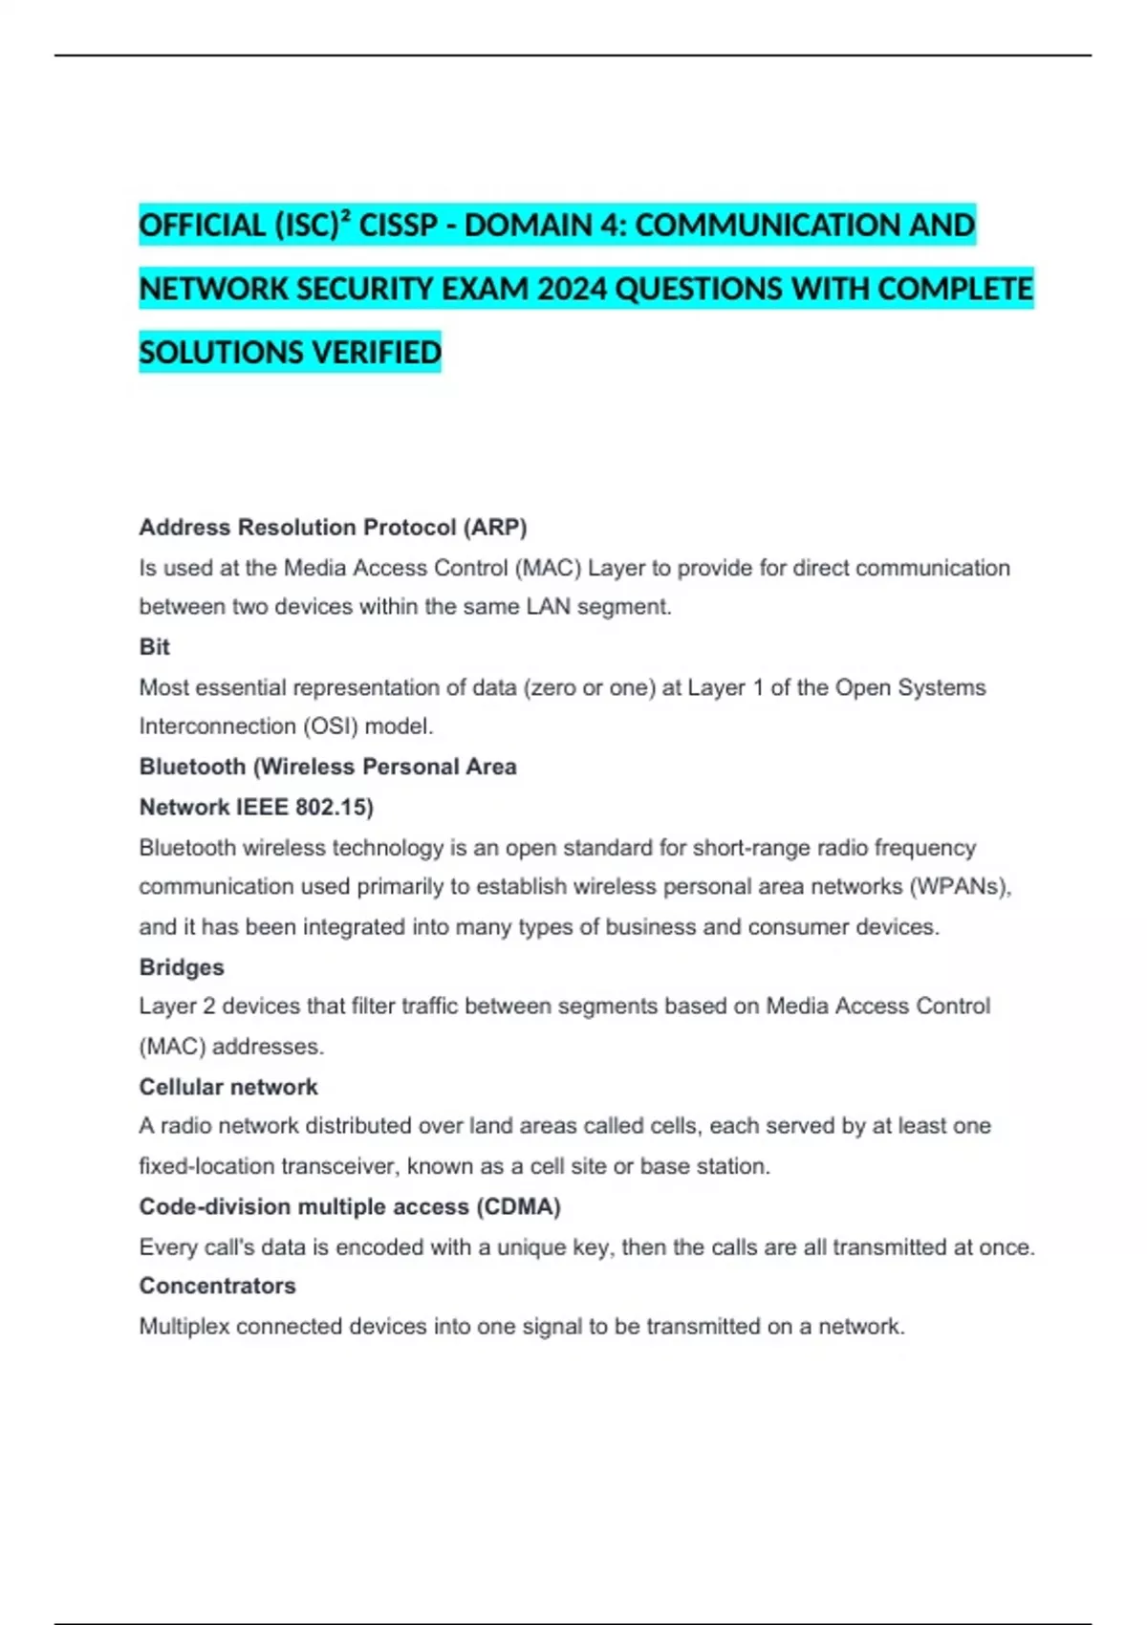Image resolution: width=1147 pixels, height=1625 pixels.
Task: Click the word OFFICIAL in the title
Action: coord(202,226)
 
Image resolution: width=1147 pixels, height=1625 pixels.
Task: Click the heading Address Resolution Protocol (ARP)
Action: coord(333,528)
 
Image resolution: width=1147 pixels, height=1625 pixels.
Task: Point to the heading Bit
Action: coord(154,647)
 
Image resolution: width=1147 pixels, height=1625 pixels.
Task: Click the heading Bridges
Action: coord(182,967)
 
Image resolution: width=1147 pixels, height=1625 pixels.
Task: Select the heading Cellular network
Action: coord(228,1087)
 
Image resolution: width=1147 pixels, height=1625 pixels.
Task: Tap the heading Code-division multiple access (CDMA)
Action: coord(350,1206)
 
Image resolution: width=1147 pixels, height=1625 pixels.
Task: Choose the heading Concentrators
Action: coord(217,1286)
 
